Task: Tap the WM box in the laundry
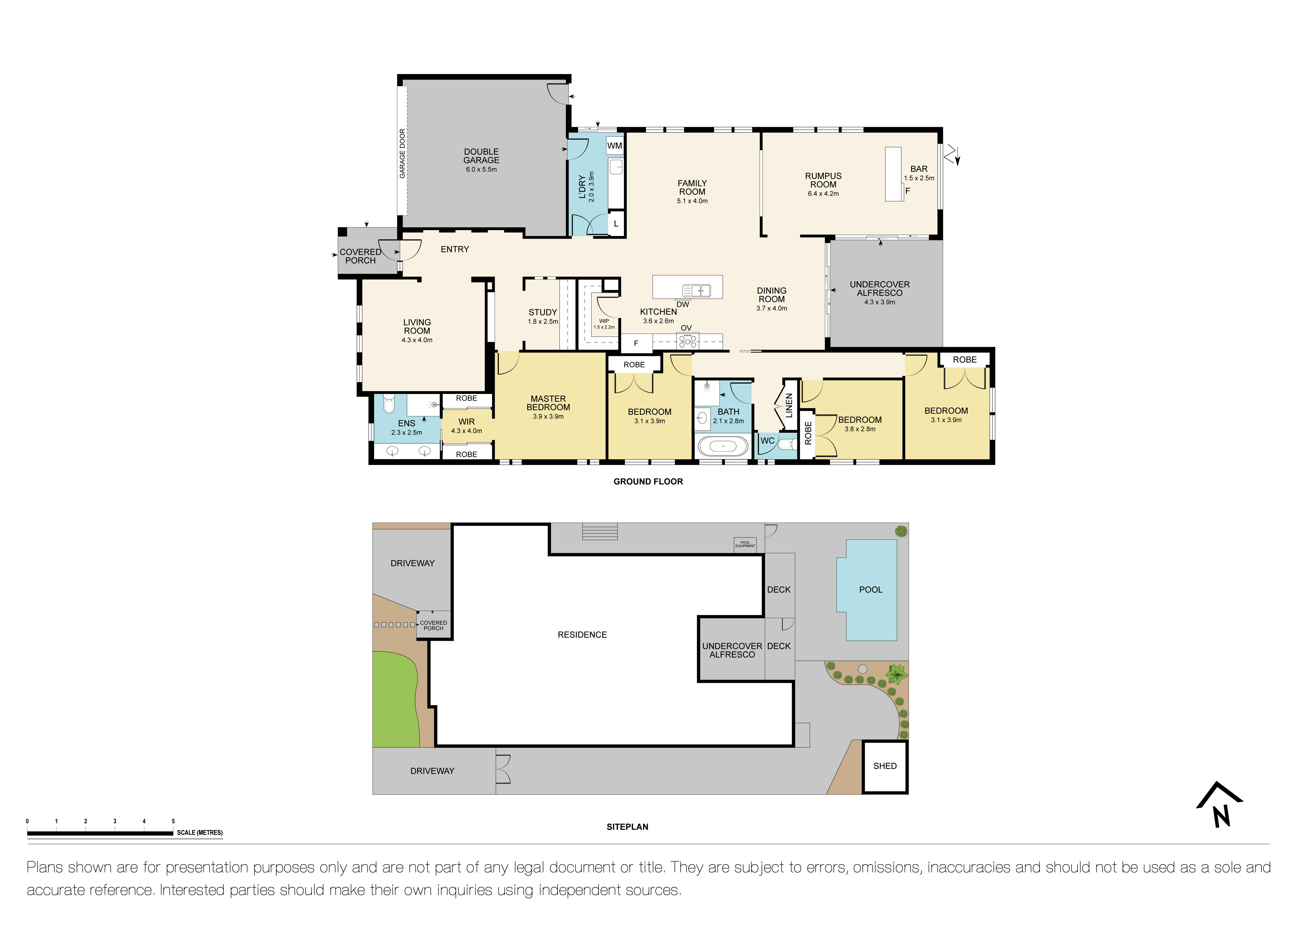coord(615,146)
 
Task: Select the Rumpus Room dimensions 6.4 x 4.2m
coord(823,194)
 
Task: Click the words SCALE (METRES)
coord(199,833)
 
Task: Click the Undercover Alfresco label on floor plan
coord(879,289)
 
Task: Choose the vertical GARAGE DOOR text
coord(402,153)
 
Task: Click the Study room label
coord(542,312)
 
